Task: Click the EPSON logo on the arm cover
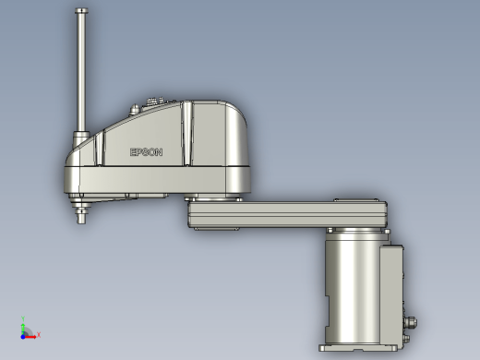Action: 146,152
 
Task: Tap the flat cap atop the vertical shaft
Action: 81,11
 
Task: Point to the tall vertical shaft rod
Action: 81,72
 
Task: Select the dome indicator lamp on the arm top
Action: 134,110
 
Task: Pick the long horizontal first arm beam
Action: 287,214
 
